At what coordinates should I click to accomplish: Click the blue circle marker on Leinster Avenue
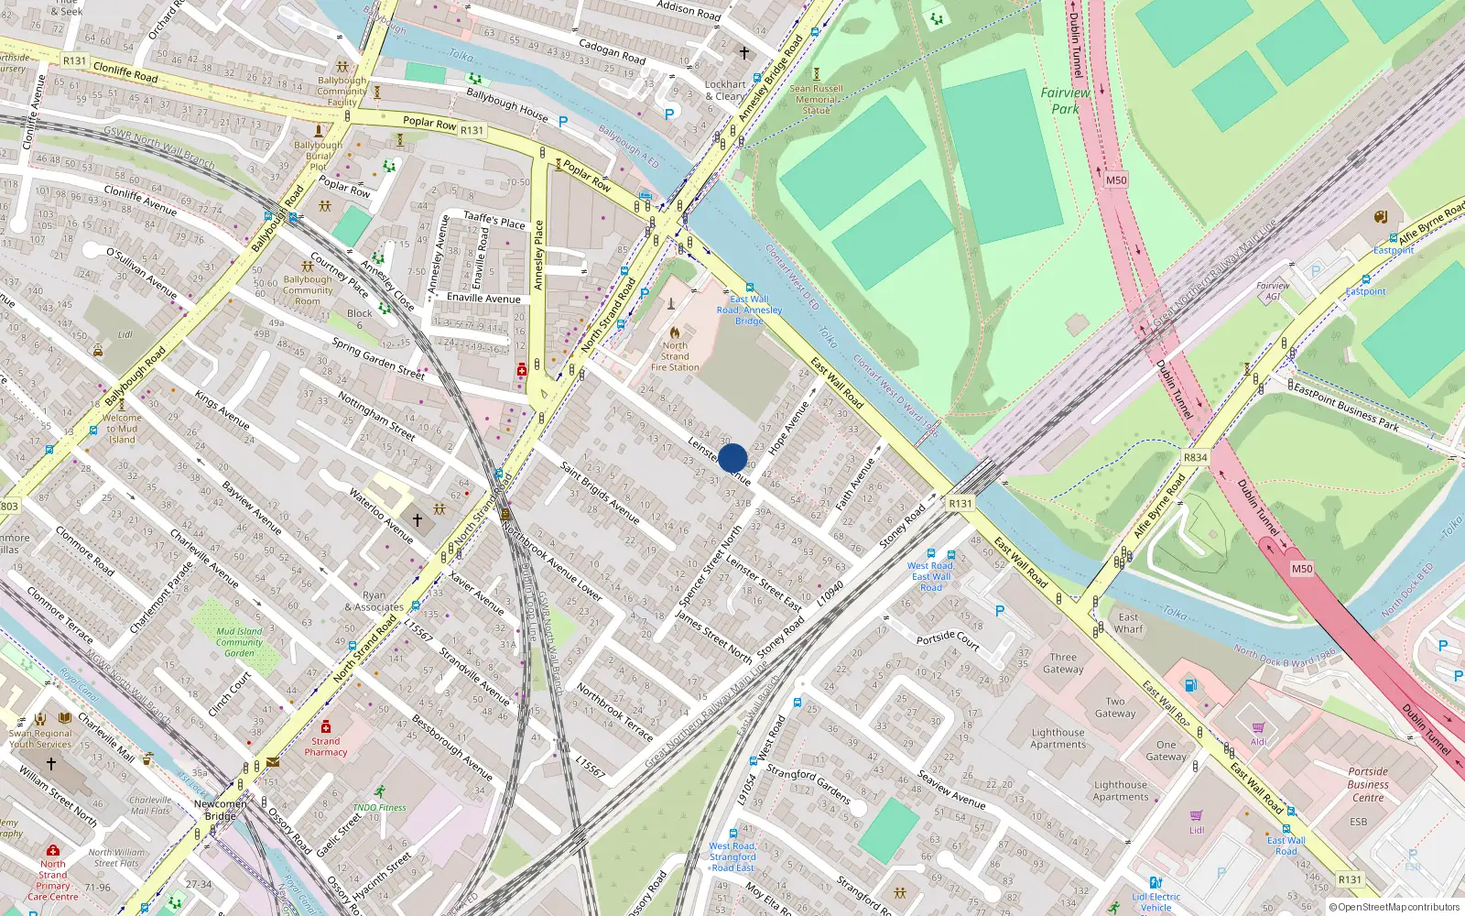pyautogui.click(x=732, y=458)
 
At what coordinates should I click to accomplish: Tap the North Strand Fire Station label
pyautogui.click(x=675, y=356)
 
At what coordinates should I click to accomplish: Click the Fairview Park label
pyautogui.click(x=1065, y=100)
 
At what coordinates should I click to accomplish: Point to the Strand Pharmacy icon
pyautogui.click(x=325, y=726)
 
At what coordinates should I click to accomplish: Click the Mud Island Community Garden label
pyautogui.click(x=239, y=641)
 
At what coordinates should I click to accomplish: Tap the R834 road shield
pyautogui.click(x=1195, y=457)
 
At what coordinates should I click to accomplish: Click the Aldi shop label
pyautogui.click(x=1259, y=741)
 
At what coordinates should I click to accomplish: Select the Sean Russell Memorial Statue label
pyautogui.click(x=816, y=99)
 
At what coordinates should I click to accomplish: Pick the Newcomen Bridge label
pyautogui.click(x=220, y=810)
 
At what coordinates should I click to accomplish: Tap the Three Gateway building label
pyautogui.click(x=1063, y=662)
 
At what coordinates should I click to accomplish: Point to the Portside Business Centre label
pyautogui.click(x=1368, y=784)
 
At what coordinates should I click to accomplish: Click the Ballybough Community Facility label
pyautogui.click(x=342, y=91)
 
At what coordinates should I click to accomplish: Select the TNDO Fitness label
pyautogui.click(x=379, y=807)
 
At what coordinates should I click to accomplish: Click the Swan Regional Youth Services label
pyautogui.click(x=40, y=738)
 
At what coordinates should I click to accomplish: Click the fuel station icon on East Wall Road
pyautogui.click(x=1190, y=684)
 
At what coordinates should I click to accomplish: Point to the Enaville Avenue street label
pyautogui.click(x=483, y=298)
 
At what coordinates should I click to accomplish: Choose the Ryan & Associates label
pyautogui.click(x=374, y=601)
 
